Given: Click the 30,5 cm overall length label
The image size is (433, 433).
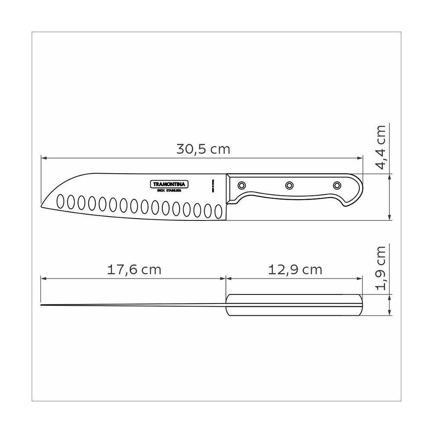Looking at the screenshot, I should [x=203, y=149].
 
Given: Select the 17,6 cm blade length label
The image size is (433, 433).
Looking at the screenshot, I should [x=134, y=270].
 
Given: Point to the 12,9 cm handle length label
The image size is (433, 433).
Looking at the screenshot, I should [x=295, y=270].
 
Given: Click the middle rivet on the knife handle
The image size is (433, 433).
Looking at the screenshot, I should [x=289, y=185].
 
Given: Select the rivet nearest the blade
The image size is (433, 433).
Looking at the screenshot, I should [x=242, y=185].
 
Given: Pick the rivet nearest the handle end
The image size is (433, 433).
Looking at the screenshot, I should [x=336, y=185].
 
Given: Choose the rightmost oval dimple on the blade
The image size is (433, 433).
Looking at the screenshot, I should [x=218, y=211].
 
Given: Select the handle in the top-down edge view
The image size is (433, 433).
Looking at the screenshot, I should [x=294, y=305].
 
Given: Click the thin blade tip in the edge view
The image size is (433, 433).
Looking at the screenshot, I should [x=43, y=306].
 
